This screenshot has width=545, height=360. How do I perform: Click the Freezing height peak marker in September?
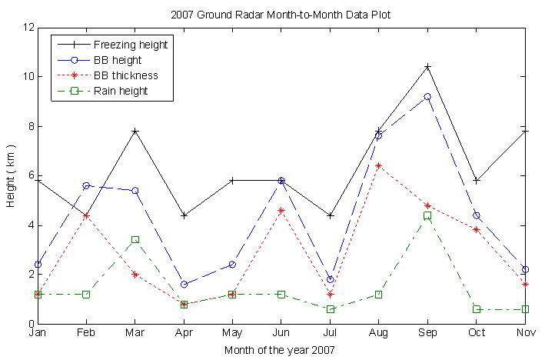[427, 67]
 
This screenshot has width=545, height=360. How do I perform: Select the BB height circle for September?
[427, 97]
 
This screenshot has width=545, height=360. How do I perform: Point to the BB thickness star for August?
[378, 165]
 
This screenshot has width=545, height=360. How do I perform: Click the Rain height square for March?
[135, 240]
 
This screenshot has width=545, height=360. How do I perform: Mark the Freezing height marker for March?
[135, 132]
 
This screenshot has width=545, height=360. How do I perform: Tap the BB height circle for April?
[184, 285]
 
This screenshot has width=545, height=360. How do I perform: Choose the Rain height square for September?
[427, 215]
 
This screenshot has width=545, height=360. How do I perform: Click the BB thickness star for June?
[281, 210]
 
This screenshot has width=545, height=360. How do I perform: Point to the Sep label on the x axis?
[427, 334]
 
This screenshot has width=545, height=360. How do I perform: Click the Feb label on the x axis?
[86, 334]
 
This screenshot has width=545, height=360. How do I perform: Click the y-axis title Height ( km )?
[12, 175]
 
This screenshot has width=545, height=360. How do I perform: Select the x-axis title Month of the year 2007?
[280, 350]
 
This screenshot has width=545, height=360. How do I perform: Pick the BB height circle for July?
[330, 279]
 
